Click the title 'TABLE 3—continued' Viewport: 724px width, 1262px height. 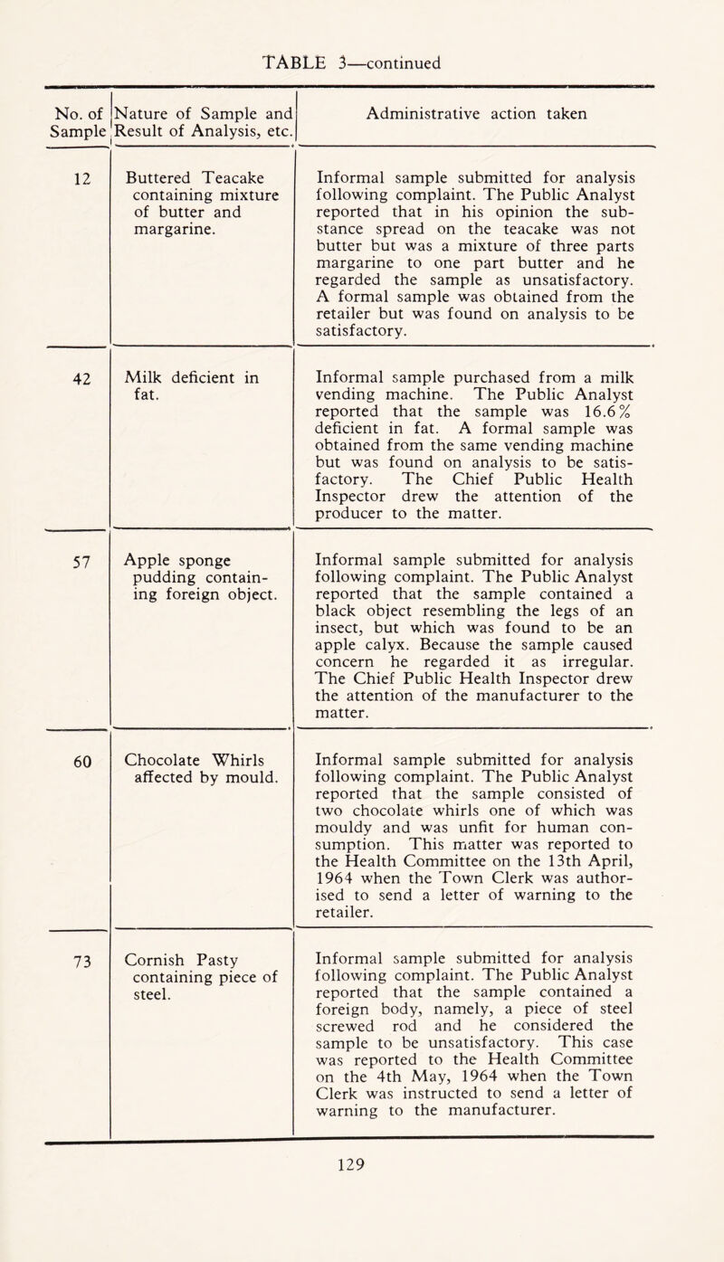tap(363, 38)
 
